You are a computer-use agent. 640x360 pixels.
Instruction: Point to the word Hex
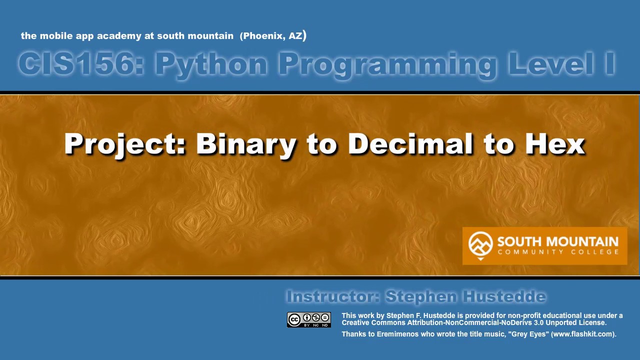click(554, 144)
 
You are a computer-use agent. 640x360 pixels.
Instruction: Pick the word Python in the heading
click(211, 64)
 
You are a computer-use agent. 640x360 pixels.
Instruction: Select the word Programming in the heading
click(387, 64)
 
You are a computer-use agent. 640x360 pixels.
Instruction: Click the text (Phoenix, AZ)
click(273, 35)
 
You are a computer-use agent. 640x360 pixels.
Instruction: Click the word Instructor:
click(332, 296)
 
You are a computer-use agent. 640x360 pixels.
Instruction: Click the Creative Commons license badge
click(308, 320)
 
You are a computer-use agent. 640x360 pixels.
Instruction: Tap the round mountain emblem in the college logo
click(480, 244)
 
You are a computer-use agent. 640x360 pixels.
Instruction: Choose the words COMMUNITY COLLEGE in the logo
click(558, 252)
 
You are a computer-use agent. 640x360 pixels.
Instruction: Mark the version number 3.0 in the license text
click(538, 322)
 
